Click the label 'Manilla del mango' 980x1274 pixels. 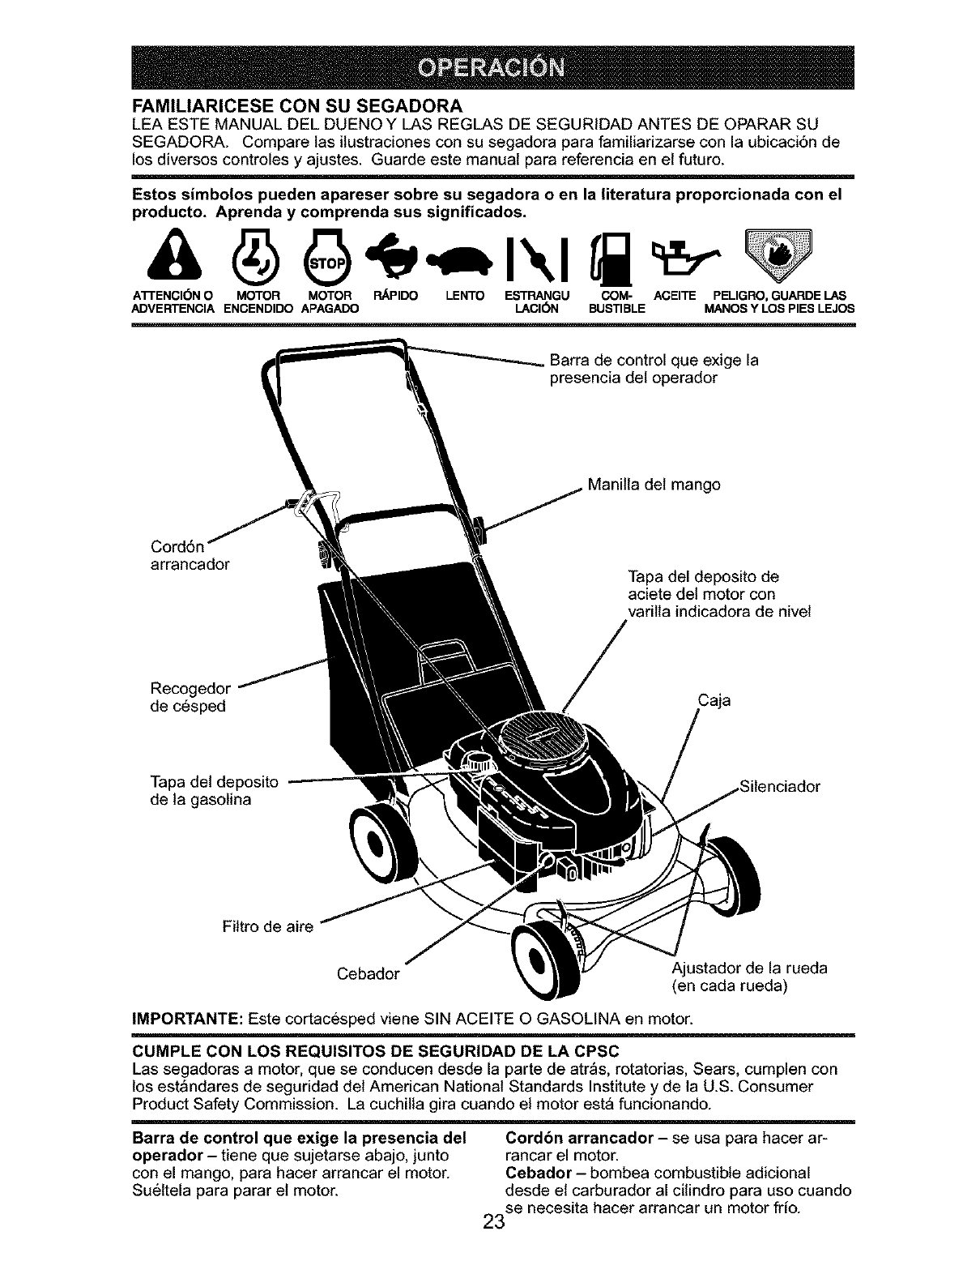click(654, 485)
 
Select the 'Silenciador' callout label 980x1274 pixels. click(781, 786)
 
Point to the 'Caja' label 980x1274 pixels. click(713, 699)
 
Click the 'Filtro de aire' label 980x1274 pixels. click(266, 927)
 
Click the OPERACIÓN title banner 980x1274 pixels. click(489, 67)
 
